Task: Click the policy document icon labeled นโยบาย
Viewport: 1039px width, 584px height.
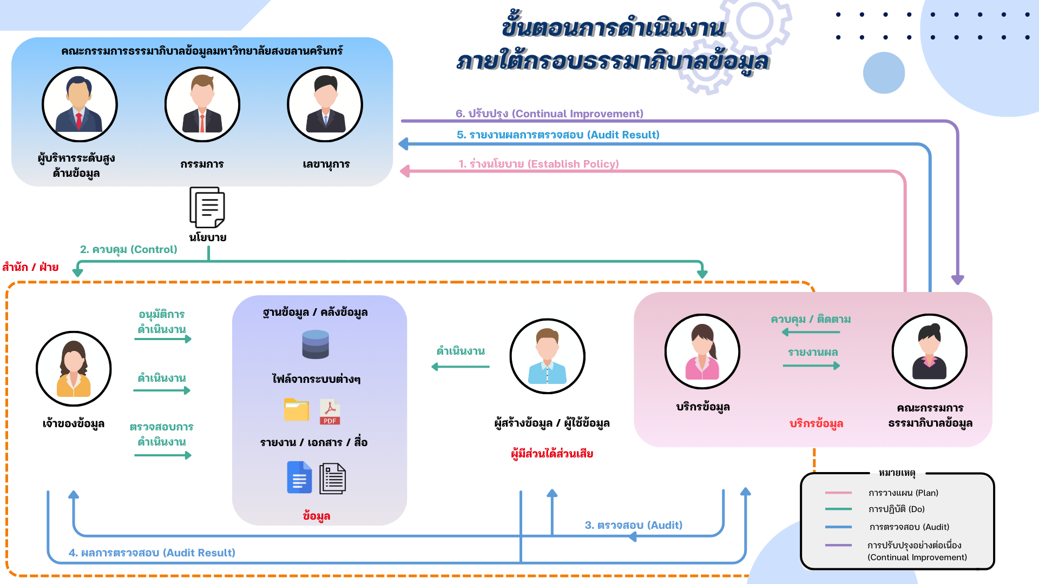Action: point(207,208)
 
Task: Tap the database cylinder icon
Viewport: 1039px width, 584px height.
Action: point(315,344)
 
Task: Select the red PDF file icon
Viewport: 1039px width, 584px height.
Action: point(330,412)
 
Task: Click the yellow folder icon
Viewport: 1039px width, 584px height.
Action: point(297,410)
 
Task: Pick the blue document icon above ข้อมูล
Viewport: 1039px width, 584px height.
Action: point(299,477)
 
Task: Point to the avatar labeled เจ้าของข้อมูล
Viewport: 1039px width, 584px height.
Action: point(74,369)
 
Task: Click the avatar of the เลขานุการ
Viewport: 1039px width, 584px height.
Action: point(325,104)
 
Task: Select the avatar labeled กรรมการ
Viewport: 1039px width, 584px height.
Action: point(202,104)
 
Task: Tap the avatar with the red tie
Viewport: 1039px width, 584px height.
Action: point(80,104)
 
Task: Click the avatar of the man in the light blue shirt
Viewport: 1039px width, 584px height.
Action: point(547,356)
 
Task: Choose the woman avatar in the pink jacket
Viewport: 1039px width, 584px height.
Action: point(702,351)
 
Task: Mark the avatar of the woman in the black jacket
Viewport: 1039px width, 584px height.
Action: point(929,351)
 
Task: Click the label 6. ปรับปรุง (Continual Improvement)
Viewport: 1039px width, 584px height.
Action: point(549,114)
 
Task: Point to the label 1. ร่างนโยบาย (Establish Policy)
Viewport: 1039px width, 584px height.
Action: point(538,164)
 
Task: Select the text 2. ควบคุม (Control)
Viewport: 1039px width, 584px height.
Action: point(129,249)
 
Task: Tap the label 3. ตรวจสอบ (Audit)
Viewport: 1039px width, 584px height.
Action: point(634,525)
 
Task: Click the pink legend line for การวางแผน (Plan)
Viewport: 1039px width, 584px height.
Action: point(838,493)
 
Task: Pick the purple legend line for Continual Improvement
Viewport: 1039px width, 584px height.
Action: point(838,545)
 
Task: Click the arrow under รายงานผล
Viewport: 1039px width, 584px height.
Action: point(811,366)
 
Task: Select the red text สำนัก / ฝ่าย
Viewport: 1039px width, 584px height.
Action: point(30,267)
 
